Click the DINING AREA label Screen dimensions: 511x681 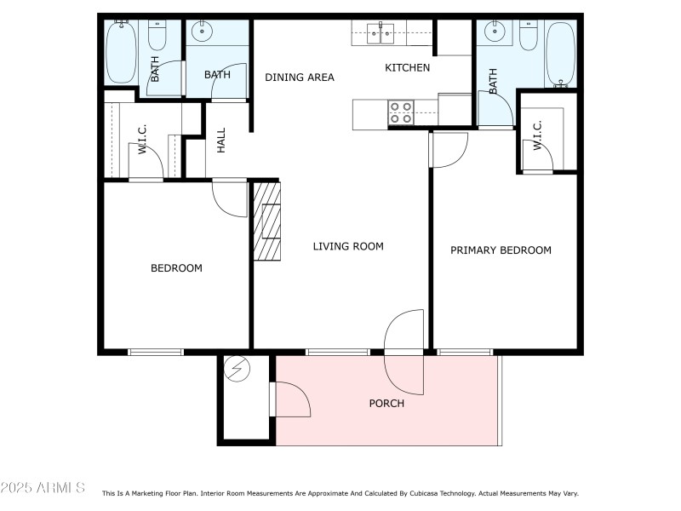pyautogui.click(x=299, y=78)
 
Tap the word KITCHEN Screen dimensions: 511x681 pyautogui.click(x=408, y=68)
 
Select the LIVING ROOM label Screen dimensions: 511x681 pyautogui.click(x=348, y=247)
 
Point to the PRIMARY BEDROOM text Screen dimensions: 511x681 pyautogui.click(x=501, y=250)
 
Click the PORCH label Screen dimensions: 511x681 pyautogui.click(x=386, y=404)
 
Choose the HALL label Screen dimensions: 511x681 pyautogui.click(x=221, y=141)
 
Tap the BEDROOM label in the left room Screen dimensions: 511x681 pyautogui.click(x=176, y=268)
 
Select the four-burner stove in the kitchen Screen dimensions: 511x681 pyautogui.click(x=401, y=112)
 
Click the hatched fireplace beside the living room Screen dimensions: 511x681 pyautogui.click(x=267, y=221)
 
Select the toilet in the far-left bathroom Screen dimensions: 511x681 pyautogui.click(x=157, y=36)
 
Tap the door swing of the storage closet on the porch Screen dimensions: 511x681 pyautogui.click(x=291, y=399)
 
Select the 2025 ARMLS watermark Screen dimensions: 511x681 pyautogui.click(x=43, y=488)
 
